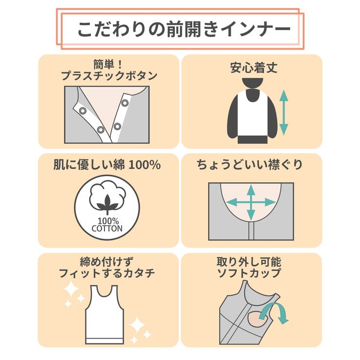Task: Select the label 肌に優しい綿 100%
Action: pyautogui.click(x=107, y=165)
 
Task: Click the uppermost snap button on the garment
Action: pyautogui.click(x=125, y=103)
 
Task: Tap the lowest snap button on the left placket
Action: pyautogui.click(x=101, y=129)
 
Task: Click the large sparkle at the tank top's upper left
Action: pyautogui.click(x=72, y=291)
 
